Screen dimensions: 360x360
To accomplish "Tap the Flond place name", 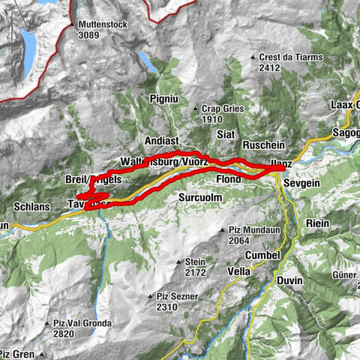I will (x=229, y=180).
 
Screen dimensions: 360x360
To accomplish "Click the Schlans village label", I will (x=31, y=205).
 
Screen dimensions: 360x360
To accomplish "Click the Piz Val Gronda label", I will (x=82, y=323).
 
